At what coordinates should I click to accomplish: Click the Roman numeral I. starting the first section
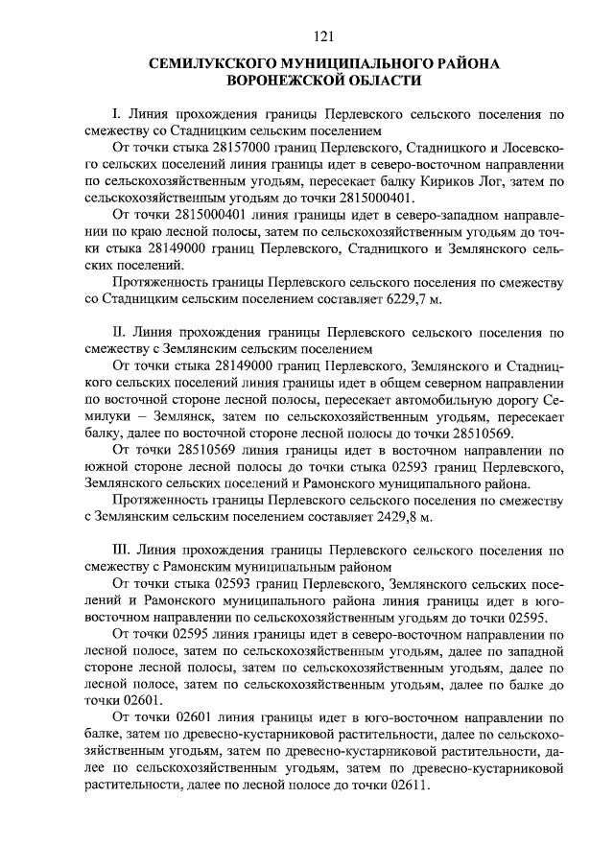(x=117, y=113)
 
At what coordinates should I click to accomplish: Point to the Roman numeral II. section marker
(x=120, y=334)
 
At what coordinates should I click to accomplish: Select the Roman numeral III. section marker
(x=123, y=551)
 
